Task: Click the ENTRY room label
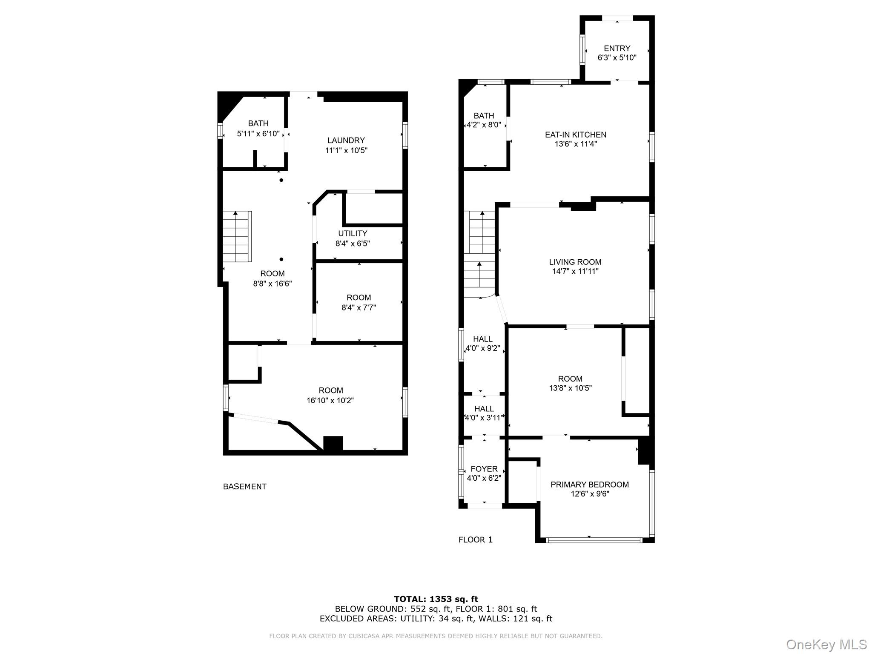(617, 49)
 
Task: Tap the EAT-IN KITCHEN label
(575, 135)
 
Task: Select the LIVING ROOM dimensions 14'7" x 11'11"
(575, 271)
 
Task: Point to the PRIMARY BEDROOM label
(589, 485)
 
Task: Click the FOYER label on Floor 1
(484, 469)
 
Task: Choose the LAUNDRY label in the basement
(346, 141)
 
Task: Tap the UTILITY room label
(353, 233)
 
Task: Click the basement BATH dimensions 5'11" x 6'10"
(258, 134)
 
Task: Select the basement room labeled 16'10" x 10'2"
(330, 396)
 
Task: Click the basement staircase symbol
(237, 237)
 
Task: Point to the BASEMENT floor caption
(244, 487)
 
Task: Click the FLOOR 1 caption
(475, 540)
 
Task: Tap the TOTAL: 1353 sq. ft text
(436, 599)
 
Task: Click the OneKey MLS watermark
(826, 645)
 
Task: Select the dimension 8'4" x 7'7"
(359, 308)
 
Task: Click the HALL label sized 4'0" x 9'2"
(483, 339)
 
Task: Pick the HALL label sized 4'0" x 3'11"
(484, 409)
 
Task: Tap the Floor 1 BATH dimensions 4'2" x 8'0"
(484, 126)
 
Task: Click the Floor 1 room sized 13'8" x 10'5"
(570, 383)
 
